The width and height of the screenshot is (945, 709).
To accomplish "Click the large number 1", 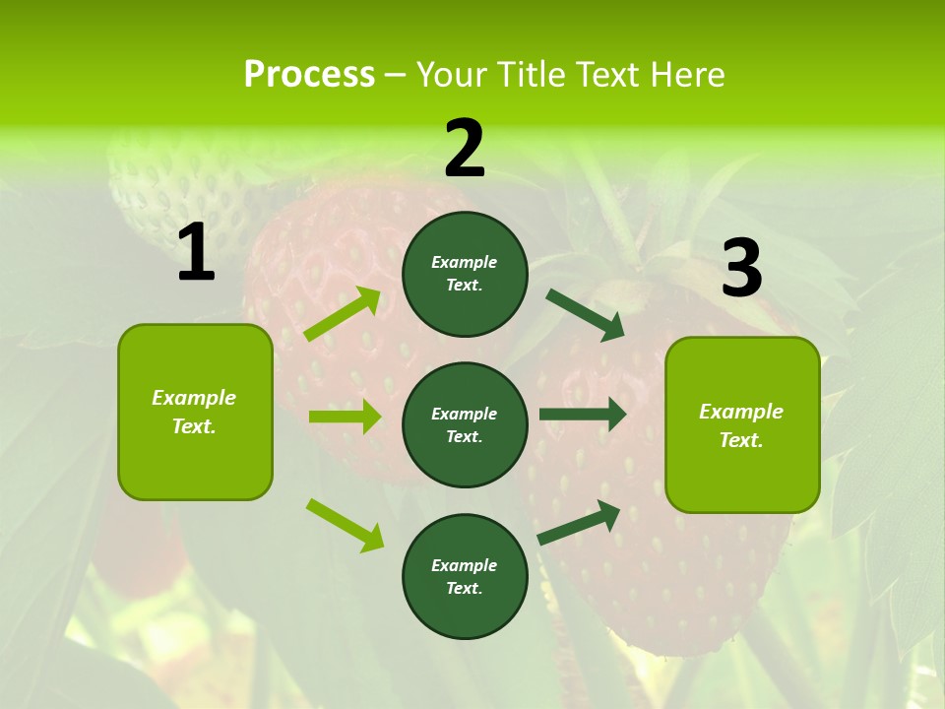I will point(196,253).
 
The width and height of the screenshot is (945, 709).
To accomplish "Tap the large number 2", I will point(465,149).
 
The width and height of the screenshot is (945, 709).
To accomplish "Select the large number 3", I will point(741,268).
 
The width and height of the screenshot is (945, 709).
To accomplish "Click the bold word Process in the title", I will point(309,74).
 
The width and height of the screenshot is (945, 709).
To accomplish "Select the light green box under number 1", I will point(195,412).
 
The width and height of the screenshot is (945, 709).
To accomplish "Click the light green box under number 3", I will point(742,424).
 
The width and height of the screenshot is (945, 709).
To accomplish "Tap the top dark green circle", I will point(465,274).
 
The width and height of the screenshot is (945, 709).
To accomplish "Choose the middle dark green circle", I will point(465,424).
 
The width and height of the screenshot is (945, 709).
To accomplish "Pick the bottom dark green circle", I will point(465,576).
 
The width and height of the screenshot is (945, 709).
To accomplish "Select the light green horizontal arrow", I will point(345,417).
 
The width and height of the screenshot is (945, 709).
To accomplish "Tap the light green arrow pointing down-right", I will point(345,525).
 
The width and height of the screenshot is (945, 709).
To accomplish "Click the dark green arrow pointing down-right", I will point(585,315).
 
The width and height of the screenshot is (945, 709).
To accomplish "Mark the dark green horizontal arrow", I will point(582,414).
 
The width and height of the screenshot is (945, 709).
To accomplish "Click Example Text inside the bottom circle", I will point(465,577).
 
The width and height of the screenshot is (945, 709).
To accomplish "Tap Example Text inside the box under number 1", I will point(194,412).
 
